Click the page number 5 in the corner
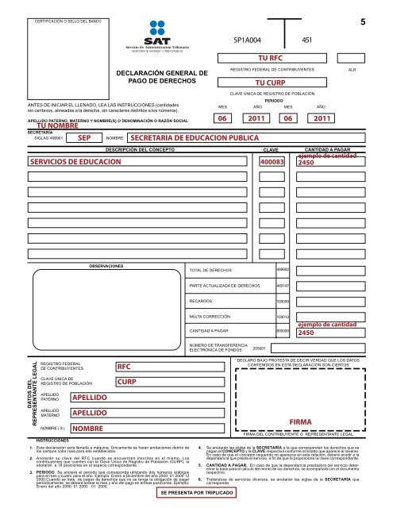362,24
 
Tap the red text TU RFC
272,58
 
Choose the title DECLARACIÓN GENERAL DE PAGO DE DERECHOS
162,77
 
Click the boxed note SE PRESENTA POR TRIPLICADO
196,492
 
